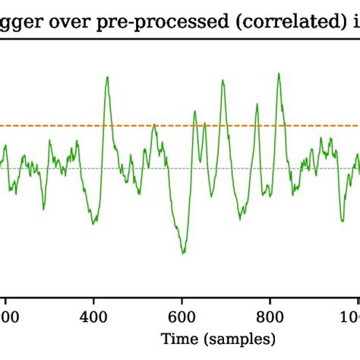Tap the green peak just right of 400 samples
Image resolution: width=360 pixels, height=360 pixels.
pos(108,77)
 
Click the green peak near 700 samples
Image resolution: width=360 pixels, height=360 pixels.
pos(223,80)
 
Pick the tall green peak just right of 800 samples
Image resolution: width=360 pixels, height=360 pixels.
pos(280,74)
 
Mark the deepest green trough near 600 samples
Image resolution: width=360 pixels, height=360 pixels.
pos(183,253)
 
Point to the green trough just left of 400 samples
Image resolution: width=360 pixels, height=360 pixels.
pos(93,223)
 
